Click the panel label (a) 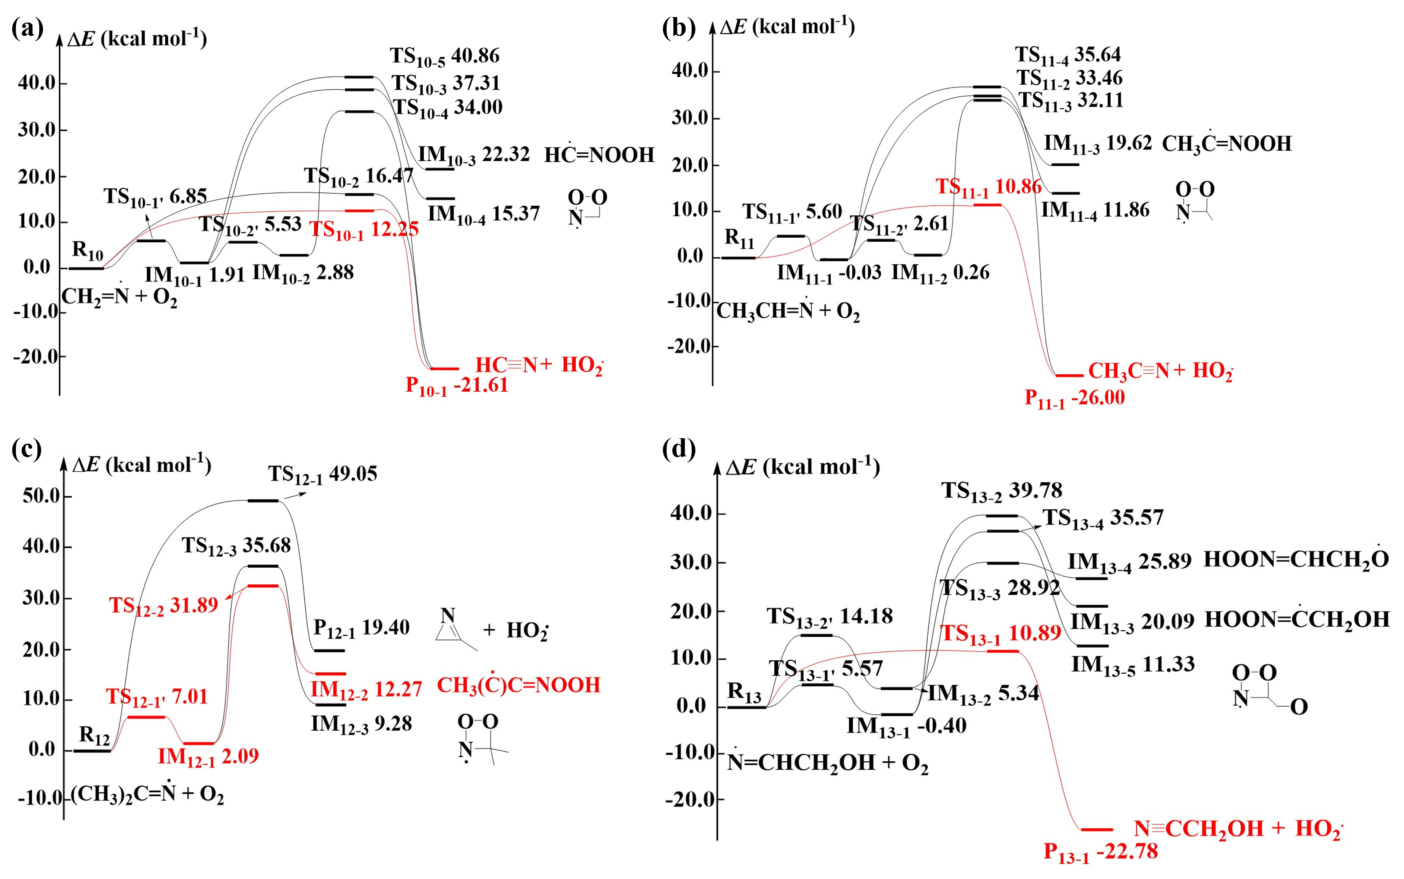[27, 28]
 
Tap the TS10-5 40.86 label [444, 56]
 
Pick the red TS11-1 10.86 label [988, 187]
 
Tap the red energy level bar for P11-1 [1069, 376]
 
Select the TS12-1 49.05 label [322, 474]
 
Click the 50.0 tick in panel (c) [41, 496]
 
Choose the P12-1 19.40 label [361, 628]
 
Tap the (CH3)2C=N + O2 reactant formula [147, 794]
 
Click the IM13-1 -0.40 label [906, 726]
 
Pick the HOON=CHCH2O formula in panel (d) [1296, 559]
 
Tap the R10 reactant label [87, 251]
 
